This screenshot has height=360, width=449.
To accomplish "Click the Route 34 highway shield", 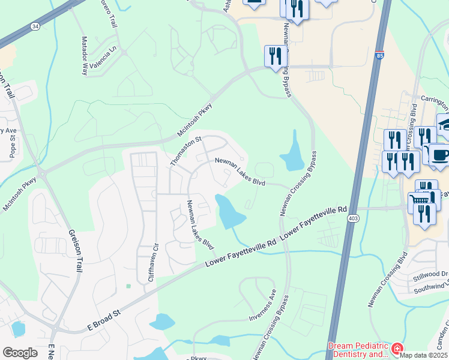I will coord(35,26).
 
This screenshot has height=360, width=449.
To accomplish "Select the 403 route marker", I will coord(352,220).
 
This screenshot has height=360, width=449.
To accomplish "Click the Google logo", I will coord(20,353).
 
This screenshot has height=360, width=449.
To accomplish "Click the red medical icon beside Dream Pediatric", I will coord(397,349).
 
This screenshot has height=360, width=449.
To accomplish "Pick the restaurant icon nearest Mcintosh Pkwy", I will coord(274,57).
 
